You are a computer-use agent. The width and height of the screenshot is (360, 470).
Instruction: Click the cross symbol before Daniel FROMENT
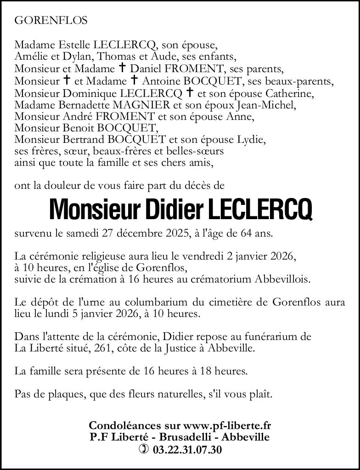pos(123,68)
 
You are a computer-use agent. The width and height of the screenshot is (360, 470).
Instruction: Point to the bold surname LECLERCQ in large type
pos(261,209)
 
